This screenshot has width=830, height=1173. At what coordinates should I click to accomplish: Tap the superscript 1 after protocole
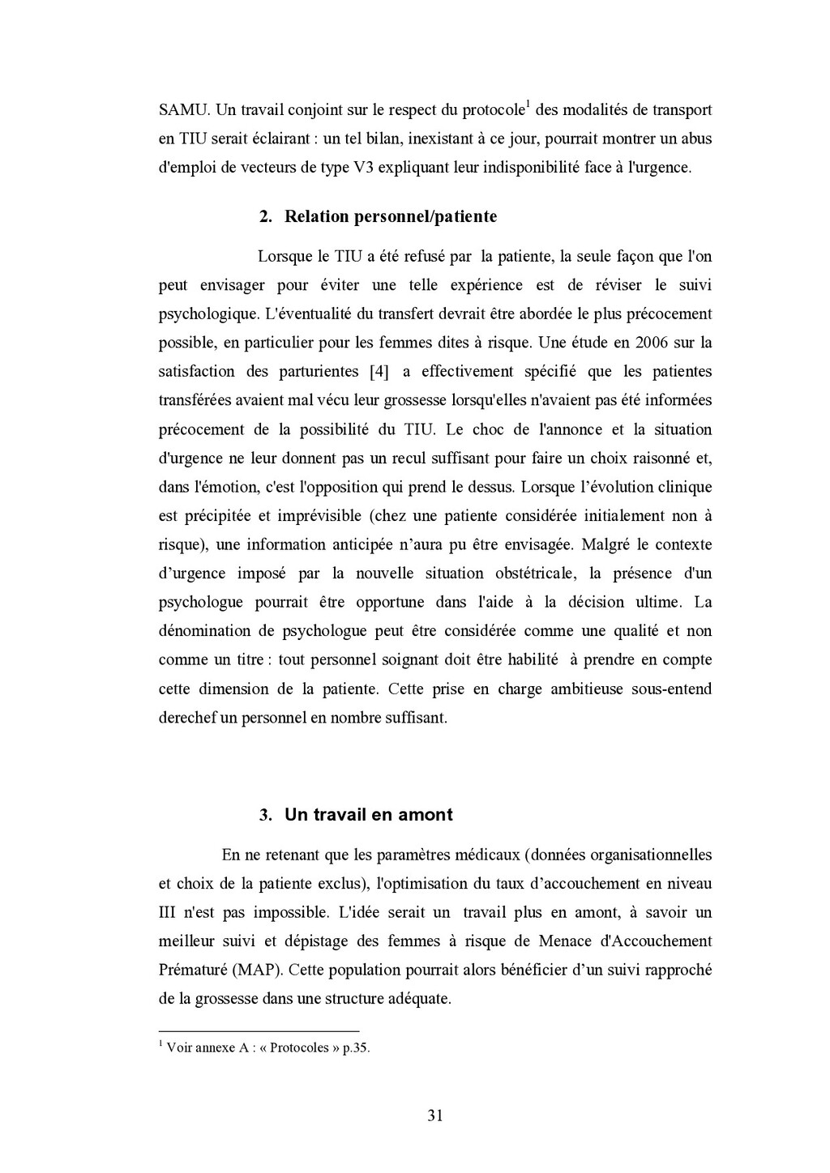pos(528,104)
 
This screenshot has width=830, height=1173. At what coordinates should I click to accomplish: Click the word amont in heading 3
pos(426,815)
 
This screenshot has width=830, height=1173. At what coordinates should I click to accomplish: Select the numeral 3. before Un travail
pos(265,815)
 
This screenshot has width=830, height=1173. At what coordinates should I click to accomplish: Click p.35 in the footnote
pos(356,1047)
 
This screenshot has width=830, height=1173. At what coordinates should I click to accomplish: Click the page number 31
pos(434,1115)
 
